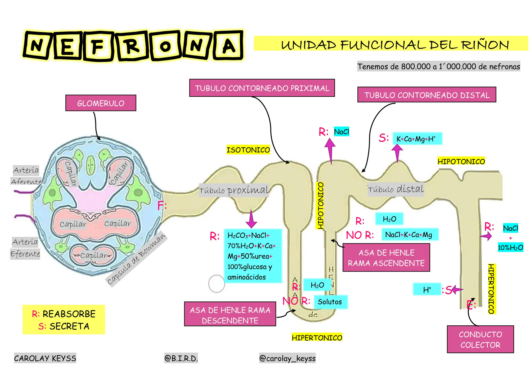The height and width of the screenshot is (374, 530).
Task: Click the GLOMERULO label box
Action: tap(101, 103)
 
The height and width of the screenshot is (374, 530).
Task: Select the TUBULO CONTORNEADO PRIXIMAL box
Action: tap(262, 88)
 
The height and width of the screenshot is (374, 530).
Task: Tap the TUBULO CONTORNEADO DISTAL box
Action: tap(427, 95)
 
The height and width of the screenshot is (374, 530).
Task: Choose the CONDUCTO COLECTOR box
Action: tap(480, 339)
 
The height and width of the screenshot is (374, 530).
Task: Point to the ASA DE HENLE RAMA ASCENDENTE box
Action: tap(386, 258)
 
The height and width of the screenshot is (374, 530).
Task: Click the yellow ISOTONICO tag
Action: tap(248, 150)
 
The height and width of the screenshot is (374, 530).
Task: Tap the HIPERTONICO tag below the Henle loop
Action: tap(317, 338)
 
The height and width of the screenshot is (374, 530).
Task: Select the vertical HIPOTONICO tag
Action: tap(320, 206)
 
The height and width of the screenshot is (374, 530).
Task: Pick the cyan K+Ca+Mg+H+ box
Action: tap(417, 139)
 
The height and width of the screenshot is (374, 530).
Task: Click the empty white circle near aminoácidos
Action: tap(216, 284)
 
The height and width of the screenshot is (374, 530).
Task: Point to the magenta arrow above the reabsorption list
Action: tap(251, 219)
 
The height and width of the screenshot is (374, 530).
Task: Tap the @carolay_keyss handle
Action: tap(287, 358)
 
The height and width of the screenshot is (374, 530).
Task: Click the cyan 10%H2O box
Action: tap(510, 247)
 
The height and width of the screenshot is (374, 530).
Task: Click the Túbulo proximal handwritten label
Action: tap(234, 190)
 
